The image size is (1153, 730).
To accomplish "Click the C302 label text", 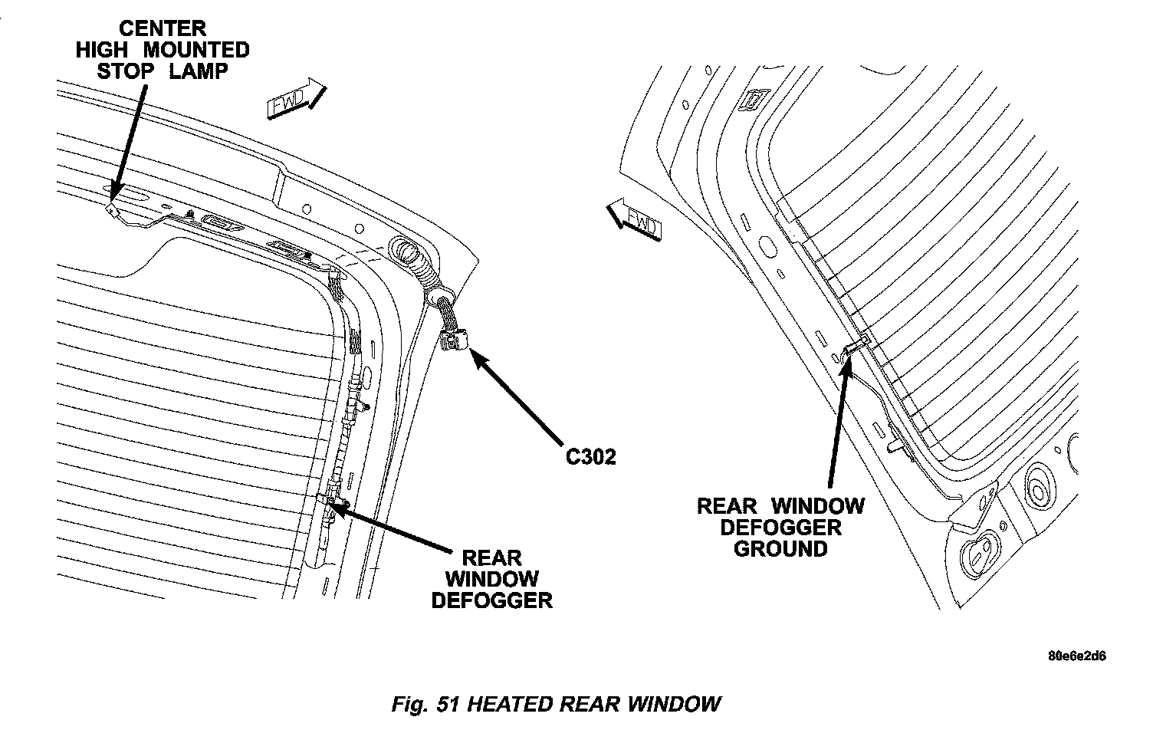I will [x=590, y=457].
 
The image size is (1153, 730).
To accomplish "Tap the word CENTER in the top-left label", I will [x=162, y=28].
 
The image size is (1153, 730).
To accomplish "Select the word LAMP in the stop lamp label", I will [x=200, y=71].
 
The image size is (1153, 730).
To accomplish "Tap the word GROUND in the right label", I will [x=780, y=549].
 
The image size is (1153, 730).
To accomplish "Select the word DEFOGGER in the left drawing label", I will [x=491, y=600].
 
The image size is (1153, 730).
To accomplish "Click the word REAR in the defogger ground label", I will [x=726, y=506].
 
